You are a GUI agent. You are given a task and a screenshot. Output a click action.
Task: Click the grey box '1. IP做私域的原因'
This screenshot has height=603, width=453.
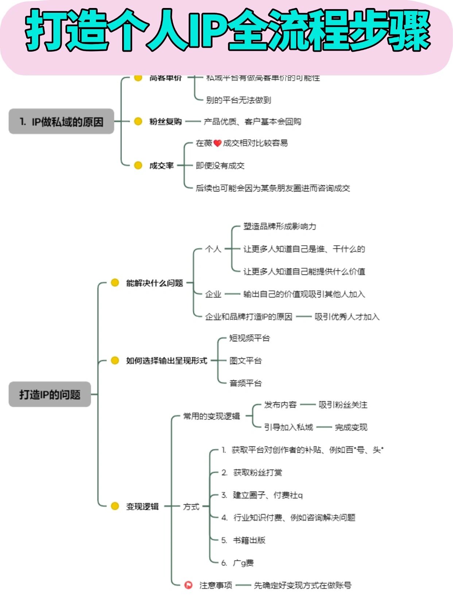click(x=61, y=122)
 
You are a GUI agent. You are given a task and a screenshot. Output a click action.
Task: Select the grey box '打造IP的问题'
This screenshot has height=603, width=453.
click(x=50, y=394)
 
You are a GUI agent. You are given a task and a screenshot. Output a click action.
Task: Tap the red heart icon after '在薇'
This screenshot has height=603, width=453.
click(x=217, y=143)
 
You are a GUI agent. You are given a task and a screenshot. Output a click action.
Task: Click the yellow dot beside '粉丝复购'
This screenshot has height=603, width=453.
click(x=138, y=121)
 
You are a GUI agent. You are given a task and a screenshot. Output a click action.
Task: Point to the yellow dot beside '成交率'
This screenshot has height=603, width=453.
click(x=138, y=166)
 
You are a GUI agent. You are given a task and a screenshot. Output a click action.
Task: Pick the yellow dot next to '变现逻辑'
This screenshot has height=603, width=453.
click(x=115, y=506)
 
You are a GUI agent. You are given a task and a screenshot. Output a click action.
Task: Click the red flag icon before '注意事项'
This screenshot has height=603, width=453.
click(x=188, y=585)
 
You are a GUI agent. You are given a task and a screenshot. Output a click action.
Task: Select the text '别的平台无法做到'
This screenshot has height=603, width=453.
click(x=239, y=100)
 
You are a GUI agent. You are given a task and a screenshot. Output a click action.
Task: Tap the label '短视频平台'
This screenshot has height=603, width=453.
click(x=249, y=338)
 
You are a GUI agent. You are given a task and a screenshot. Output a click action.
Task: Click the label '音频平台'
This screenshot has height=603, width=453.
click(x=245, y=383)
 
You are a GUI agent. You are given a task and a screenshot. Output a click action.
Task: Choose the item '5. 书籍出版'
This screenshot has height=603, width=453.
click(x=243, y=540)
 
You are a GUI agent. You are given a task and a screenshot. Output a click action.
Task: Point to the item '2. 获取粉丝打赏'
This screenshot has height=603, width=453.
click(x=252, y=473)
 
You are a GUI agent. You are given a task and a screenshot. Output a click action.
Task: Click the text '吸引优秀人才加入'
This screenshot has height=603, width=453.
click(x=347, y=317)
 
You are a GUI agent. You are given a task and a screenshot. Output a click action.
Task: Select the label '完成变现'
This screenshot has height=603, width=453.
click(x=351, y=427)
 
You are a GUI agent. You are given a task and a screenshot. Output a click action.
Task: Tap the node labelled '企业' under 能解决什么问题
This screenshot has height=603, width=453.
click(x=213, y=294)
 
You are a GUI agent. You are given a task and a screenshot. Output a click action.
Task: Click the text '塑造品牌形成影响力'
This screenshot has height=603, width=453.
click(x=280, y=226)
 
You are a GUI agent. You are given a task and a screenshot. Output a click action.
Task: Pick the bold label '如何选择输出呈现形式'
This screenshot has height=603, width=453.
click(x=166, y=361)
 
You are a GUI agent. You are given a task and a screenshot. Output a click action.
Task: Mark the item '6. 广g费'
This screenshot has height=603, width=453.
click(x=237, y=563)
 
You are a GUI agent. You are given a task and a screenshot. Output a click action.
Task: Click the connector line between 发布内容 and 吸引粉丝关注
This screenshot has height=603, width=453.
click(x=307, y=405)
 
